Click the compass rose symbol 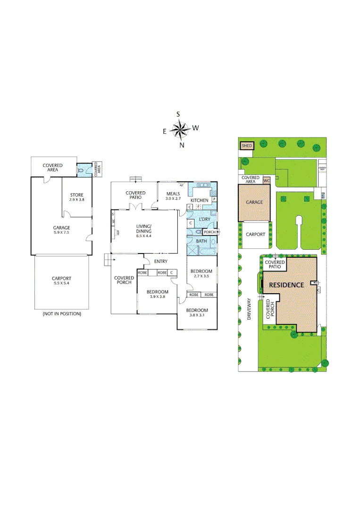(180, 128)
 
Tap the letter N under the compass (182, 145)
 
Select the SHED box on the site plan (247, 146)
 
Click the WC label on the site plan (266, 180)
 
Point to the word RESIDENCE (286, 285)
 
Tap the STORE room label (77, 195)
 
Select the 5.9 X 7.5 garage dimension (61, 233)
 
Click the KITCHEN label (199, 200)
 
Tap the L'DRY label (204, 220)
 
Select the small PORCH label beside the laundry (209, 232)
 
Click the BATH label (201, 241)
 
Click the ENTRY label (160, 261)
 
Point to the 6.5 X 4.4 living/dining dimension (144, 235)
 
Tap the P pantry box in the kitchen (214, 199)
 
